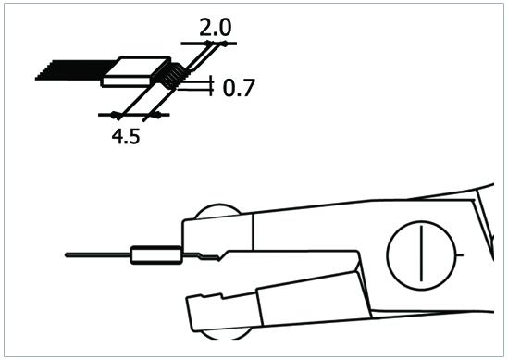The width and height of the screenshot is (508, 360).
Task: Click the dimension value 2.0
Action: pyautogui.click(x=216, y=28)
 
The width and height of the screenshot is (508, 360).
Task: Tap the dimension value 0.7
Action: pyautogui.click(x=239, y=88)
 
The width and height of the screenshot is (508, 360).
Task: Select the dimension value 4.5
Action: pyautogui.click(x=126, y=136)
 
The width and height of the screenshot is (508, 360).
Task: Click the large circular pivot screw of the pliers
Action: pyautogui.click(x=422, y=255)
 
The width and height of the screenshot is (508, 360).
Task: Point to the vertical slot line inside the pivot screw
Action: pyautogui.click(x=422, y=254)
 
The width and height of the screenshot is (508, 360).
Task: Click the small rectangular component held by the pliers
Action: pyautogui.click(x=155, y=255)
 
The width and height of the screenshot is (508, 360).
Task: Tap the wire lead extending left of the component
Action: pyautogui.click(x=97, y=255)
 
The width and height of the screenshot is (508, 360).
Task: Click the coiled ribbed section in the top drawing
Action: pyautogui.click(x=172, y=76)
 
